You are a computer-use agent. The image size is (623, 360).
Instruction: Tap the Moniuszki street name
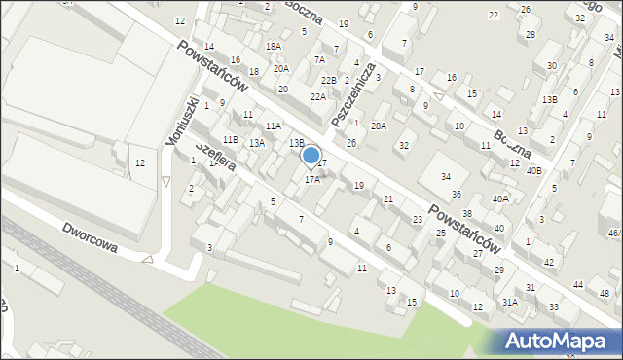click(184, 122)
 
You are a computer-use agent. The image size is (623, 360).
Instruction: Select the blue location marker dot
click(311, 155)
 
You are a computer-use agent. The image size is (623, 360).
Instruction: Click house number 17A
click(312, 179)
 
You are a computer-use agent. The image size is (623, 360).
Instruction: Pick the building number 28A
click(379, 126)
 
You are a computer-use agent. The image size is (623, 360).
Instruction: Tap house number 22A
click(318, 97)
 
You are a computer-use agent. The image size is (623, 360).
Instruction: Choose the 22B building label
click(329, 80)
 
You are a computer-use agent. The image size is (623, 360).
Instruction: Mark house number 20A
click(280, 69)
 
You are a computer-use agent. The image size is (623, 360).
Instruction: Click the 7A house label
click(318, 60)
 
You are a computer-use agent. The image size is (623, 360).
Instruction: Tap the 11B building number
click(230, 140)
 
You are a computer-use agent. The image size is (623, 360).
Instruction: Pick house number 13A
click(256, 143)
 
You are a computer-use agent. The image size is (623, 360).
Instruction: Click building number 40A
click(500, 198)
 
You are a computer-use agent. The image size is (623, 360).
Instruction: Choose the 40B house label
click(533, 170)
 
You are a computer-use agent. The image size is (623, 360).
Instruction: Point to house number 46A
click(614, 233)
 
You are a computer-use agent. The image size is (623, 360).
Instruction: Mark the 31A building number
click(510, 303)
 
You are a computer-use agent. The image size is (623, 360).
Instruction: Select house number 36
click(456, 195)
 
